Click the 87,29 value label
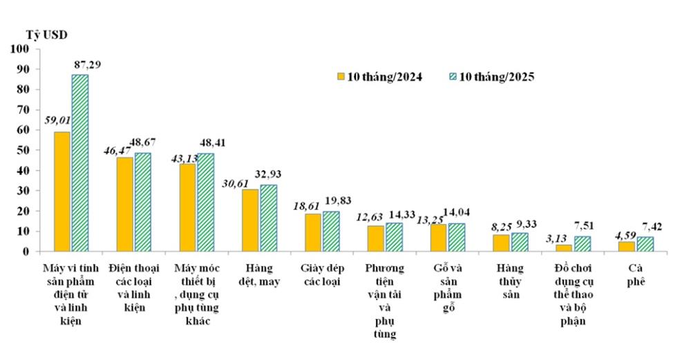[88, 64]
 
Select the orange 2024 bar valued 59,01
[62, 191]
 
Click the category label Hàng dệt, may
[260, 274]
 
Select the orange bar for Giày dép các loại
[313, 232]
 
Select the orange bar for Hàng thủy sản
[501, 243]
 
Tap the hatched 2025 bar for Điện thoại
[142, 202]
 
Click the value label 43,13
[183, 157]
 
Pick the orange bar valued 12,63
[375, 238]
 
